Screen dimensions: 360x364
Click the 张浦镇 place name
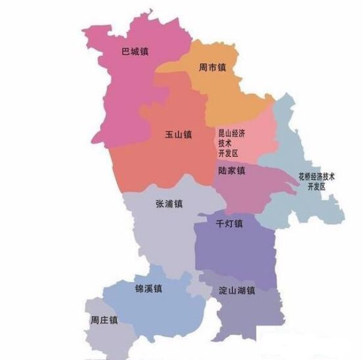click(169, 204)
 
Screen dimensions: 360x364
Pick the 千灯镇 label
click(229, 223)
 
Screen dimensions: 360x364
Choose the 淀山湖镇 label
click(236, 289)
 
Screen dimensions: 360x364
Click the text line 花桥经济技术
click(317, 177)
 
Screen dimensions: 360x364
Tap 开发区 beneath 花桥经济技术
click(317, 187)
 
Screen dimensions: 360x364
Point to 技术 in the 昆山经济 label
click(225, 143)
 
